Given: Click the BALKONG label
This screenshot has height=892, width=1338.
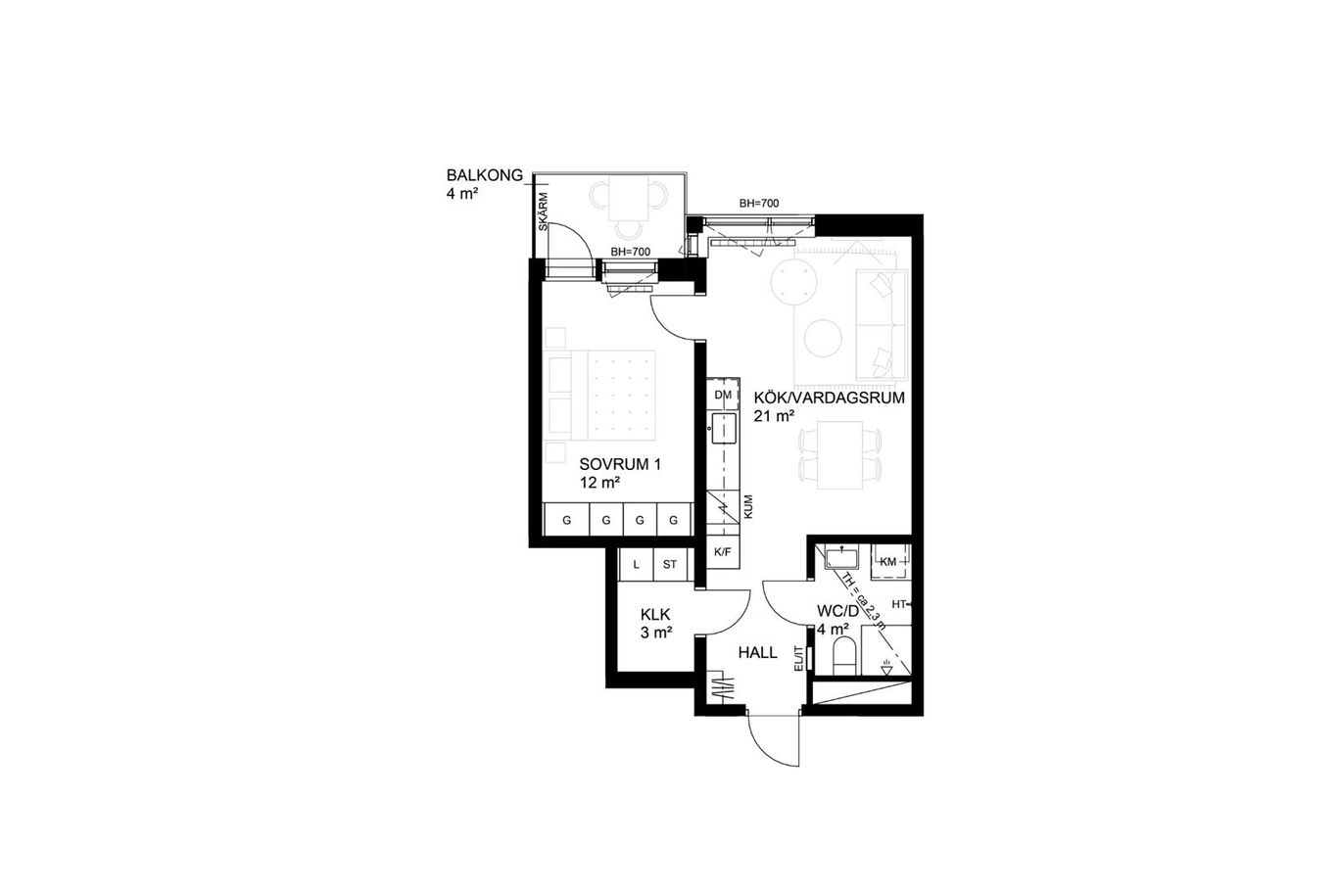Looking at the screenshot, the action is pos(485,175).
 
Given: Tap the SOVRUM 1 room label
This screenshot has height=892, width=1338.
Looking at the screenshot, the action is pos(620,464).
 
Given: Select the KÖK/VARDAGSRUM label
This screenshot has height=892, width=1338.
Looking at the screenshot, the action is pos(829,398).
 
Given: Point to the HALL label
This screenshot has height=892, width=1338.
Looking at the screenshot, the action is pos(757,652).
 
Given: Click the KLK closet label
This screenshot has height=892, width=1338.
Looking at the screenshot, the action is pos(655,614).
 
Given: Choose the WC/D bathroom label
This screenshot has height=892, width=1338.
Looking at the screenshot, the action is pos(837,611).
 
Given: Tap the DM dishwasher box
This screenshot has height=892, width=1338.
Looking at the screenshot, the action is pos(723,395).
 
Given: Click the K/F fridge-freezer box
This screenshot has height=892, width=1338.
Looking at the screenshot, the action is pos(723,552).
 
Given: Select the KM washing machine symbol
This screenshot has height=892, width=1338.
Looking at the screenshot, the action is pos(889,562).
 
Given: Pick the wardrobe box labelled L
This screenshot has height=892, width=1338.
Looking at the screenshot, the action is pos(636,564).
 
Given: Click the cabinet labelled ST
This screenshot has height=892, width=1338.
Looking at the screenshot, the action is pos(670,564).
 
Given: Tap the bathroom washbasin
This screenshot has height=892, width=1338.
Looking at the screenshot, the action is pos(841,558).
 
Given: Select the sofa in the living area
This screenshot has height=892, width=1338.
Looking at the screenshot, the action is pos(881,325).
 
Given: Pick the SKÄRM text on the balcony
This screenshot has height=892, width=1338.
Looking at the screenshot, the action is pos(544,211).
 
